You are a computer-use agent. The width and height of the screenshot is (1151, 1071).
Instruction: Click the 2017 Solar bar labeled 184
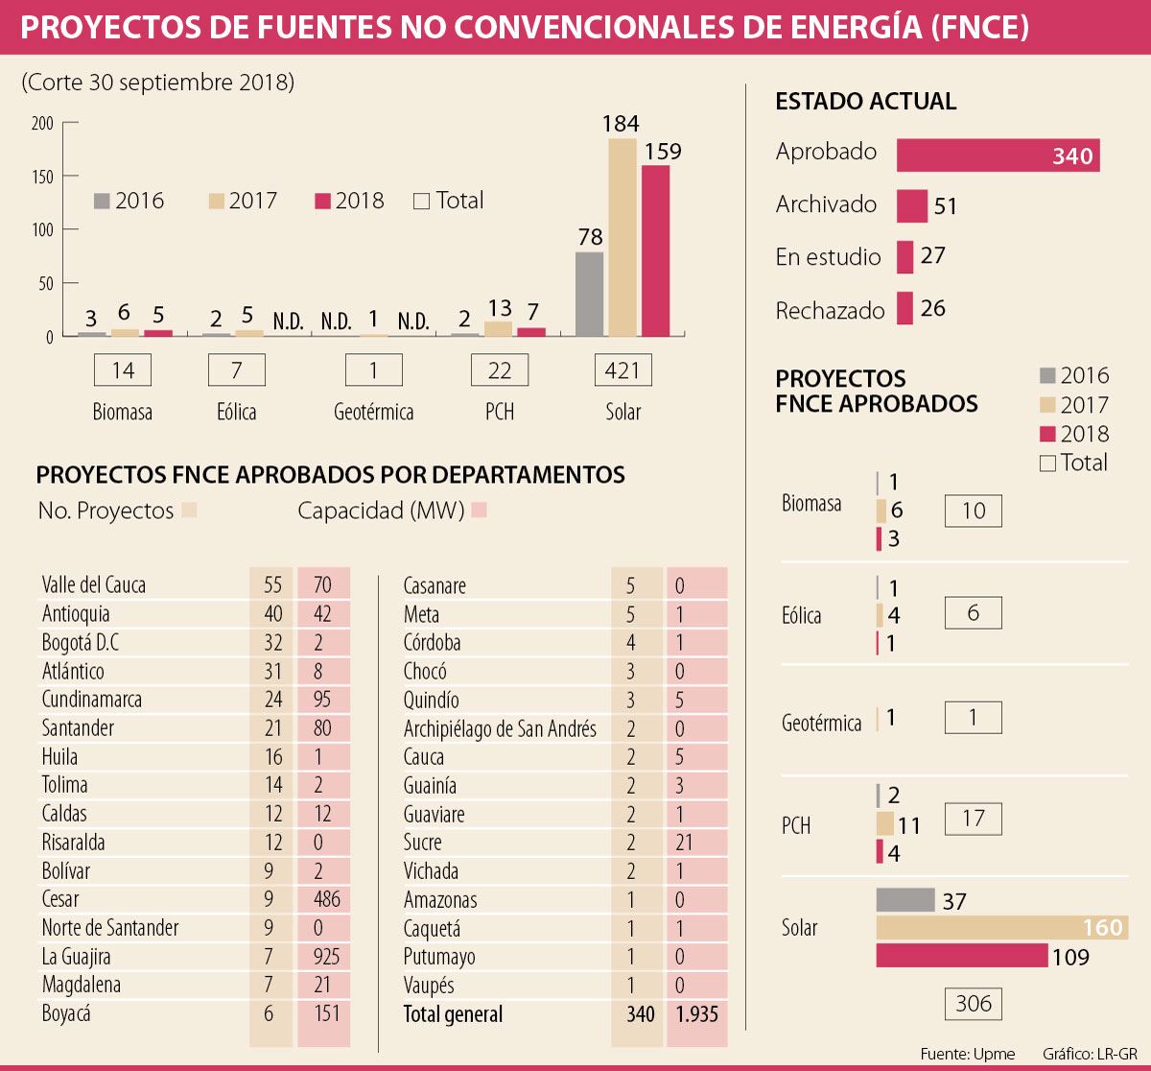coord(622,238)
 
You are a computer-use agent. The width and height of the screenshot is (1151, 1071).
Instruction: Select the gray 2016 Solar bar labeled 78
coord(589,294)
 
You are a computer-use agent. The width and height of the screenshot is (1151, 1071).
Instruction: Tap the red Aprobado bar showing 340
coord(998,155)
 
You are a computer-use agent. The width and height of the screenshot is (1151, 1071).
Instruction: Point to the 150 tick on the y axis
coord(43,177)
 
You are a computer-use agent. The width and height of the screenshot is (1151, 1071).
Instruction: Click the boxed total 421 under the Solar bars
coord(622,370)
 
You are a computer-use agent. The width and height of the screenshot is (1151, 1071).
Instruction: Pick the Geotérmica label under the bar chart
coord(373,413)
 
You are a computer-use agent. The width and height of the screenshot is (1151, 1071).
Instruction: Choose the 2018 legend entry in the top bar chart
coord(350,201)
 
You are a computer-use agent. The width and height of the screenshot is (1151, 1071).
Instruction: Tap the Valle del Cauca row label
coord(94,585)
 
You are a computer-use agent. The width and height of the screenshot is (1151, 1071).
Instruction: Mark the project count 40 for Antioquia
coord(273,614)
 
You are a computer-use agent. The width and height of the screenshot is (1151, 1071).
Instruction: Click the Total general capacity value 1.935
coord(696,1014)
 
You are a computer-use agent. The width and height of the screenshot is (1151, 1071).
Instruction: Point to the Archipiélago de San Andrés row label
coord(500,729)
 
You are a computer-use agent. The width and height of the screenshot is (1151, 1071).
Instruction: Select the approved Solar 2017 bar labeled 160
coord(1001,928)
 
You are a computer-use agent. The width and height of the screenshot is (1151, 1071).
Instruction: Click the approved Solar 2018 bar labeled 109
coord(961,956)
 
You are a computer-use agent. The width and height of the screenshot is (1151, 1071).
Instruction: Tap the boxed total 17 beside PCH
coord(973,819)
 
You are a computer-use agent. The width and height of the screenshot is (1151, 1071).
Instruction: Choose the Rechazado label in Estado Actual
coord(830,311)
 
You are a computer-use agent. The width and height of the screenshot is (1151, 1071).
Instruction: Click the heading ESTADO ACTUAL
coord(865,102)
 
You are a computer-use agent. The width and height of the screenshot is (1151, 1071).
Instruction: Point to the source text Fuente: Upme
coord(967,1054)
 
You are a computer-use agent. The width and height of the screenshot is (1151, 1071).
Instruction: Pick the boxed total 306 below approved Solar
coord(973,1004)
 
